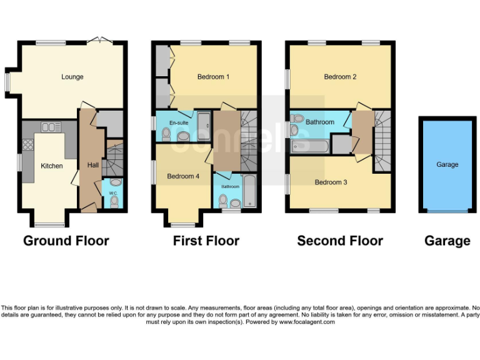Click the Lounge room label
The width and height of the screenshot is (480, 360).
click(72, 77)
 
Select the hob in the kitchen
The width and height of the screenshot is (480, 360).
click(28, 146)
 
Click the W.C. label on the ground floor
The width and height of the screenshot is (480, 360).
click(113, 193)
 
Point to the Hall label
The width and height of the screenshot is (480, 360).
click(92, 165)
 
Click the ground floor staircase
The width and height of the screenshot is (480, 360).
click(114, 160)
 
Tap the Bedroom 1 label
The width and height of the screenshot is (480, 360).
click(213, 77)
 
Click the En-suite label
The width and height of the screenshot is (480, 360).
click(178, 123)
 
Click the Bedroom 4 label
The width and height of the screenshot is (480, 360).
click(183, 176)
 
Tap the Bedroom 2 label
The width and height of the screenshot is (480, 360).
click(340, 77)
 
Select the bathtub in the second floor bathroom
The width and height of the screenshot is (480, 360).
click(309, 146)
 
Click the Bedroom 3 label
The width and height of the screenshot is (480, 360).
click(331, 182)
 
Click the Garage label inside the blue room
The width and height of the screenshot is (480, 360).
click(447, 164)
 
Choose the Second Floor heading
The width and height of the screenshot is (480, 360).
click(340, 241)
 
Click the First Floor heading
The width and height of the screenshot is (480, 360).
click(206, 241)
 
